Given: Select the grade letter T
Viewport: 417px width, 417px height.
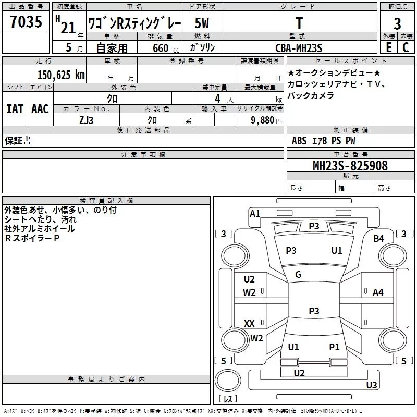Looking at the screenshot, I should pyautogui.click(x=299, y=23).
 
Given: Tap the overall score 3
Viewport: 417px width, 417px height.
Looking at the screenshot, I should pyautogui.click(x=397, y=24).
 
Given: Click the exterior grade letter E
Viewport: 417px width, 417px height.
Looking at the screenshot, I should pyautogui.click(x=388, y=47).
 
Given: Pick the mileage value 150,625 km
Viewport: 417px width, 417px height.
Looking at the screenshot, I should pyautogui.click(x=61, y=75).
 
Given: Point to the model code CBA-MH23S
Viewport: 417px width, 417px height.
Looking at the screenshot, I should pyautogui.click(x=299, y=48).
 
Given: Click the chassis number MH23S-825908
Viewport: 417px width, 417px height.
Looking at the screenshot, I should pyautogui.click(x=350, y=165).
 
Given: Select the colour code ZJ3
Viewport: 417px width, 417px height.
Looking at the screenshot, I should pyautogui.click(x=86, y=119).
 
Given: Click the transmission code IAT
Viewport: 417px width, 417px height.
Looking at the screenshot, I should pyautogui.click(x=15, y=109).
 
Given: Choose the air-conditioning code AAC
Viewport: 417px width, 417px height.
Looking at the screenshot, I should pyautogui.click(x=40, y=109).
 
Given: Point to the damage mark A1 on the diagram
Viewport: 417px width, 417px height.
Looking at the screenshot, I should pyautogui.click(x=255, y=214).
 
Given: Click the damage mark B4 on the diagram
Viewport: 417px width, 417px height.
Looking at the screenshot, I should pyautogui.click(x=378, y=239).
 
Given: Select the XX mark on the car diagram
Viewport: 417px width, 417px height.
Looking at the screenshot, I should pyautogui.click(x=249, y=324).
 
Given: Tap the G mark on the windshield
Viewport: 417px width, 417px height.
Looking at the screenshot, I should pyautogui.click(x=298, y=275).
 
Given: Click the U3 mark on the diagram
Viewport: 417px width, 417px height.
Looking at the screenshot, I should pyautogui.click(x=372, y=385).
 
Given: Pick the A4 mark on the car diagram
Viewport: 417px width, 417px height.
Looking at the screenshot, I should pyautogui.click(x=378, y=292).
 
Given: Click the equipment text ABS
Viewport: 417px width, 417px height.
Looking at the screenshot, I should pyautogui.click(x=299, y=141).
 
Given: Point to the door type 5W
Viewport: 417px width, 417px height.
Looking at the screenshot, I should pyautogui.click(x=202, y=23).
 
